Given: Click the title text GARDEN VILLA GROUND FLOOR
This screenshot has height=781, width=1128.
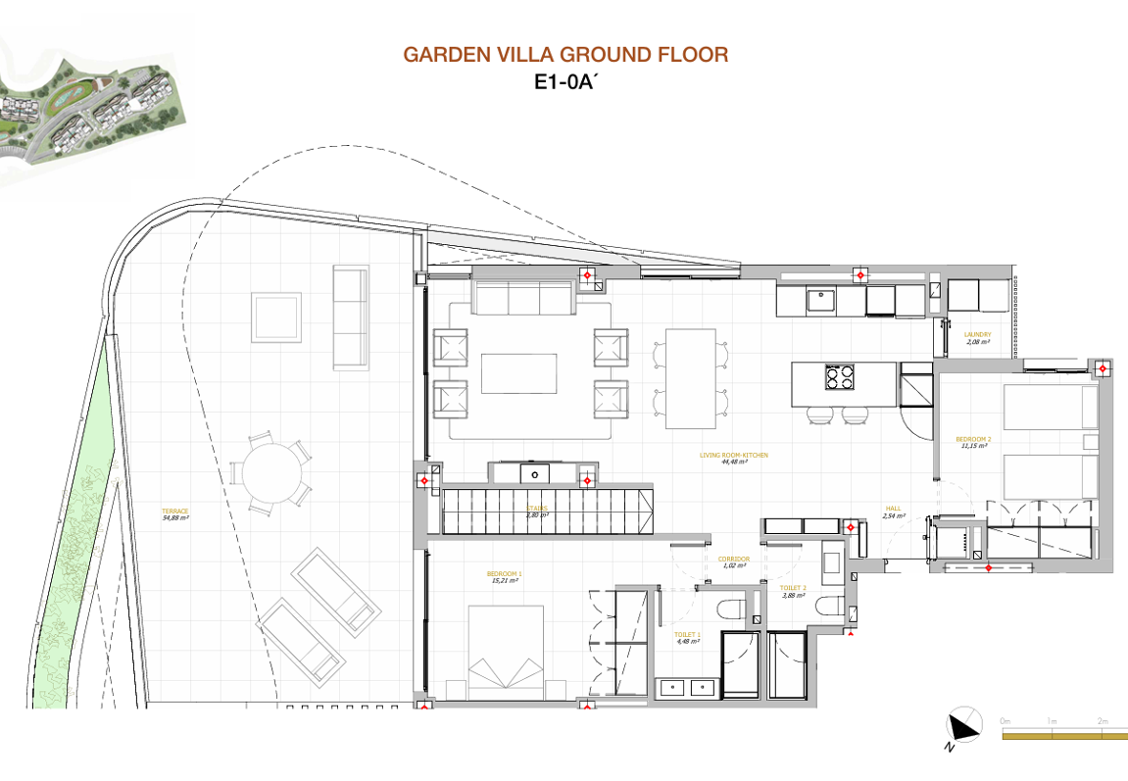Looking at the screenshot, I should tap(565, 55).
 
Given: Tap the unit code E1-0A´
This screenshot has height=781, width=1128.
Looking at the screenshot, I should tap(565, 83).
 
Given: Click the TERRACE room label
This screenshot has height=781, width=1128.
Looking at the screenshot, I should tap(175, 513).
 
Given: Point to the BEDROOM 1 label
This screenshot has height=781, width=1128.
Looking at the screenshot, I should tap(505, 576).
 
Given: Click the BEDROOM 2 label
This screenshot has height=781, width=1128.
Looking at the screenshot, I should tap(973, 442).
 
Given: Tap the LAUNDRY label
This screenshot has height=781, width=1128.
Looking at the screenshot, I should tap(978, 338).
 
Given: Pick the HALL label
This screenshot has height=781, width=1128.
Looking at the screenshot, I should tap(893, 512).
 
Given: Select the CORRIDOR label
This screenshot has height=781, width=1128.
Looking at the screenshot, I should tap(734, 562).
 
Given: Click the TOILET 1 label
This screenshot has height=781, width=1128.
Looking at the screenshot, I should tap(687, 638).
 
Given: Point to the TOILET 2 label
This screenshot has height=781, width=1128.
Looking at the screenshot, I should tap(793, 591).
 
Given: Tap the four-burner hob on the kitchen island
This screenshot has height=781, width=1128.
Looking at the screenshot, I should tap(840, 378).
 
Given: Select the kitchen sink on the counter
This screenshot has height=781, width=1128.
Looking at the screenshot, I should tap(820, 300).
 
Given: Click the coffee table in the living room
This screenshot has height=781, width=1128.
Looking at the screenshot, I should tap(518, 373).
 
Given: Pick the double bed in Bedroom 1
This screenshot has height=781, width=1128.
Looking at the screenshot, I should tap(506, 653).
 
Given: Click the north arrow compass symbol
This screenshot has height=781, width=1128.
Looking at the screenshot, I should tap(963, 725).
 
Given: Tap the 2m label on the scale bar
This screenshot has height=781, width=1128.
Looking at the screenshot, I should tap(1103, 721).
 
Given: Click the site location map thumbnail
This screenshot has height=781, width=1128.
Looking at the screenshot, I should tap(93, 108).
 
